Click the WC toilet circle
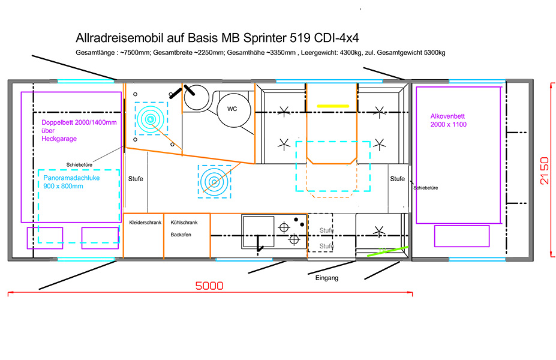pos(232,109)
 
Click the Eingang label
pos(327,278)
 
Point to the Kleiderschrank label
pos(145,223)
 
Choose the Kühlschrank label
pos(183,223)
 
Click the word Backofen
pos(181,234)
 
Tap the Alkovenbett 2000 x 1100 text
pos(449,120)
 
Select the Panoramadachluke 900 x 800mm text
pos(71,182)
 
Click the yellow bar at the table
pos(333,106)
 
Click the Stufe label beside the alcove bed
pos(397,179)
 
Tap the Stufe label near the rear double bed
pos(136,179)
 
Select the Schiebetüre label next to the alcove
pos(426,188)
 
